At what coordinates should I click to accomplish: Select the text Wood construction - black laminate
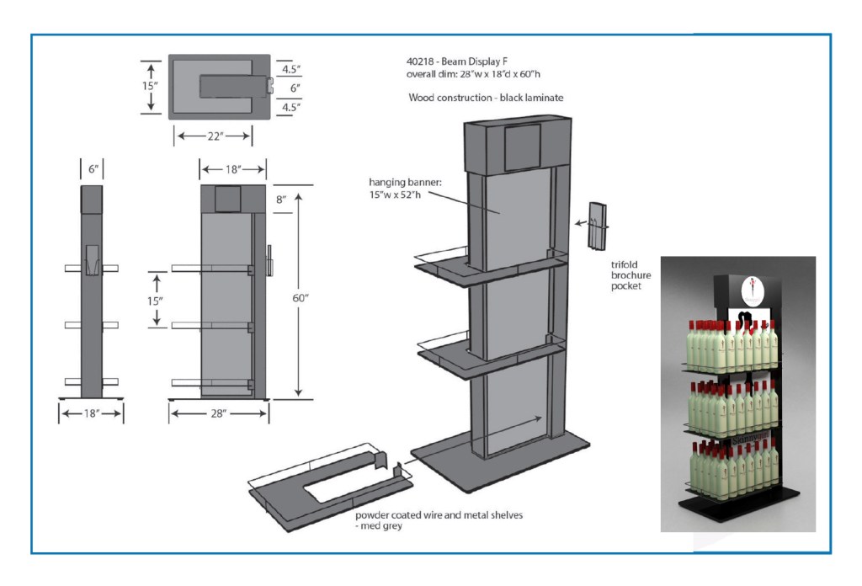(486, 98)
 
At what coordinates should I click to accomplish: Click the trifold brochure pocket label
(631, 275)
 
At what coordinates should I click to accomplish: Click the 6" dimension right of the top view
(295, 88)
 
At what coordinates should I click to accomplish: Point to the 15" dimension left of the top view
(148, 86)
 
